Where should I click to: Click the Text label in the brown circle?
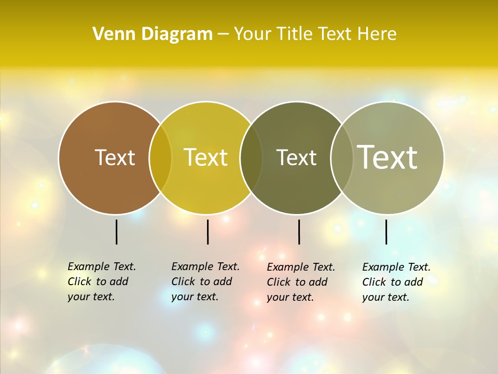(x=115, y=157)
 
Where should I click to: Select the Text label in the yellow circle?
(x=205, y=157)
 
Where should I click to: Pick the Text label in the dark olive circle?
(x=296, y=157)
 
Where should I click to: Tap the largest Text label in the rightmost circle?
(x=387, y=157)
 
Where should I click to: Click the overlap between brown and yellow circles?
(x=160, y=157)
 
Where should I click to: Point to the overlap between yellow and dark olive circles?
(x=251, y=157)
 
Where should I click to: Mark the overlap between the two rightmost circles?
(x=342, y=157)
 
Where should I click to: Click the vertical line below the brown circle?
(x=116, y=232)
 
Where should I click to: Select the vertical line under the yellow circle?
(x=208, y=232)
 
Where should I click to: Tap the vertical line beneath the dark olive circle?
(x=299, y=232)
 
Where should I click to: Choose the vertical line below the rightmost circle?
(x=386, y=232)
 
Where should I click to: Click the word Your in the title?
(x=253, y=34)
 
